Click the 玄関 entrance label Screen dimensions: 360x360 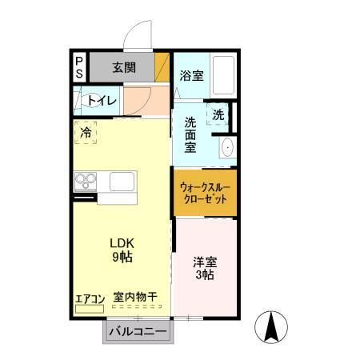[123, 67]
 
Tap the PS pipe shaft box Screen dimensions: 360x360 [80, 66]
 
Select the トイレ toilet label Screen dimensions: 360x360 [102, 101]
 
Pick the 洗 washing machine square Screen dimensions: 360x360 [218, 114]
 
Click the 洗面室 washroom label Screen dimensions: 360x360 [191, 136]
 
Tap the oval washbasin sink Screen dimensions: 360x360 [227, 147]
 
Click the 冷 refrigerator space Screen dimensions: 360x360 [86, 133]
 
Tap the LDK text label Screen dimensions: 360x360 [122, 243]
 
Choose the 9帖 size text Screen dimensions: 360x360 [122, 257]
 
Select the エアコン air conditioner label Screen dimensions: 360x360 [90, 299]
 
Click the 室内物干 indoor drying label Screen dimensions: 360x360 [134, 298]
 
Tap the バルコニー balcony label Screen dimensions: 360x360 [137, 330]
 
